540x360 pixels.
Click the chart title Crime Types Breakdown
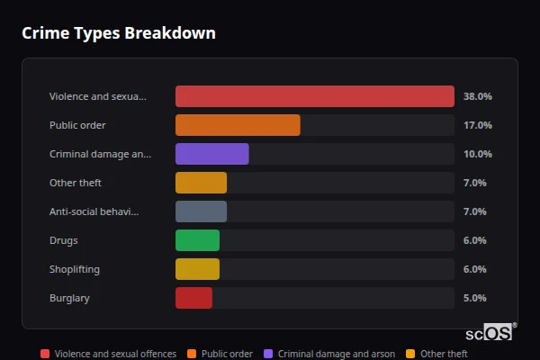pyautogui.click(x=118, y=33)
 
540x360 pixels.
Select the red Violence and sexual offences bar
pyautogui.click(x=314, y=96)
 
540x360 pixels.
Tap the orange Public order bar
pyautogui.click(x=238, y=125)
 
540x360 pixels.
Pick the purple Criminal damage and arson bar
pyautogui.click(x=211, y=154)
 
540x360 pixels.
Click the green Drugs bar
pyautogui.click(x=197, y=240)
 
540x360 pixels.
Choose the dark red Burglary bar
pyautogui.click(x=193, y=298)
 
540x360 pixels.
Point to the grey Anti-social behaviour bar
pyautogui.click(x=201, y=211)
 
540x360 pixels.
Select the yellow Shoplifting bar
pyautogui.click(x=197, y=269)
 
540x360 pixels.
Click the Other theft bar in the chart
pyautogui.click(x=201, y=183)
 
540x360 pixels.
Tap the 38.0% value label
pyautogui.click(x=477, y=96)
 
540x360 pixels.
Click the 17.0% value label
pyautogui.click(x=477, y=125)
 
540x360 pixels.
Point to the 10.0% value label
pyautogui.click(x=477, y=154)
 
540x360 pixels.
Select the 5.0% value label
pyautogui.click(x=474, y=298)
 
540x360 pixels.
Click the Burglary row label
pyautogui.click(x=69, y=298)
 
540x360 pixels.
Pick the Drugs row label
pyautogui.click(x=64, y=240)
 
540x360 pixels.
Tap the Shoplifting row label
pyautogui.click(x=75, y=269)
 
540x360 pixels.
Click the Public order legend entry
pyautogui.click(x=220, y=354)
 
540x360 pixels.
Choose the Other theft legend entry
pyautogui.click(x=437, y=354)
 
